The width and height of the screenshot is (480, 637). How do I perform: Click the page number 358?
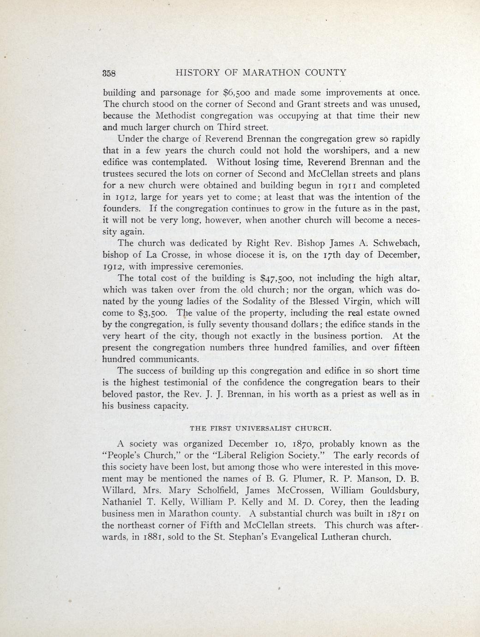(110, 73)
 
